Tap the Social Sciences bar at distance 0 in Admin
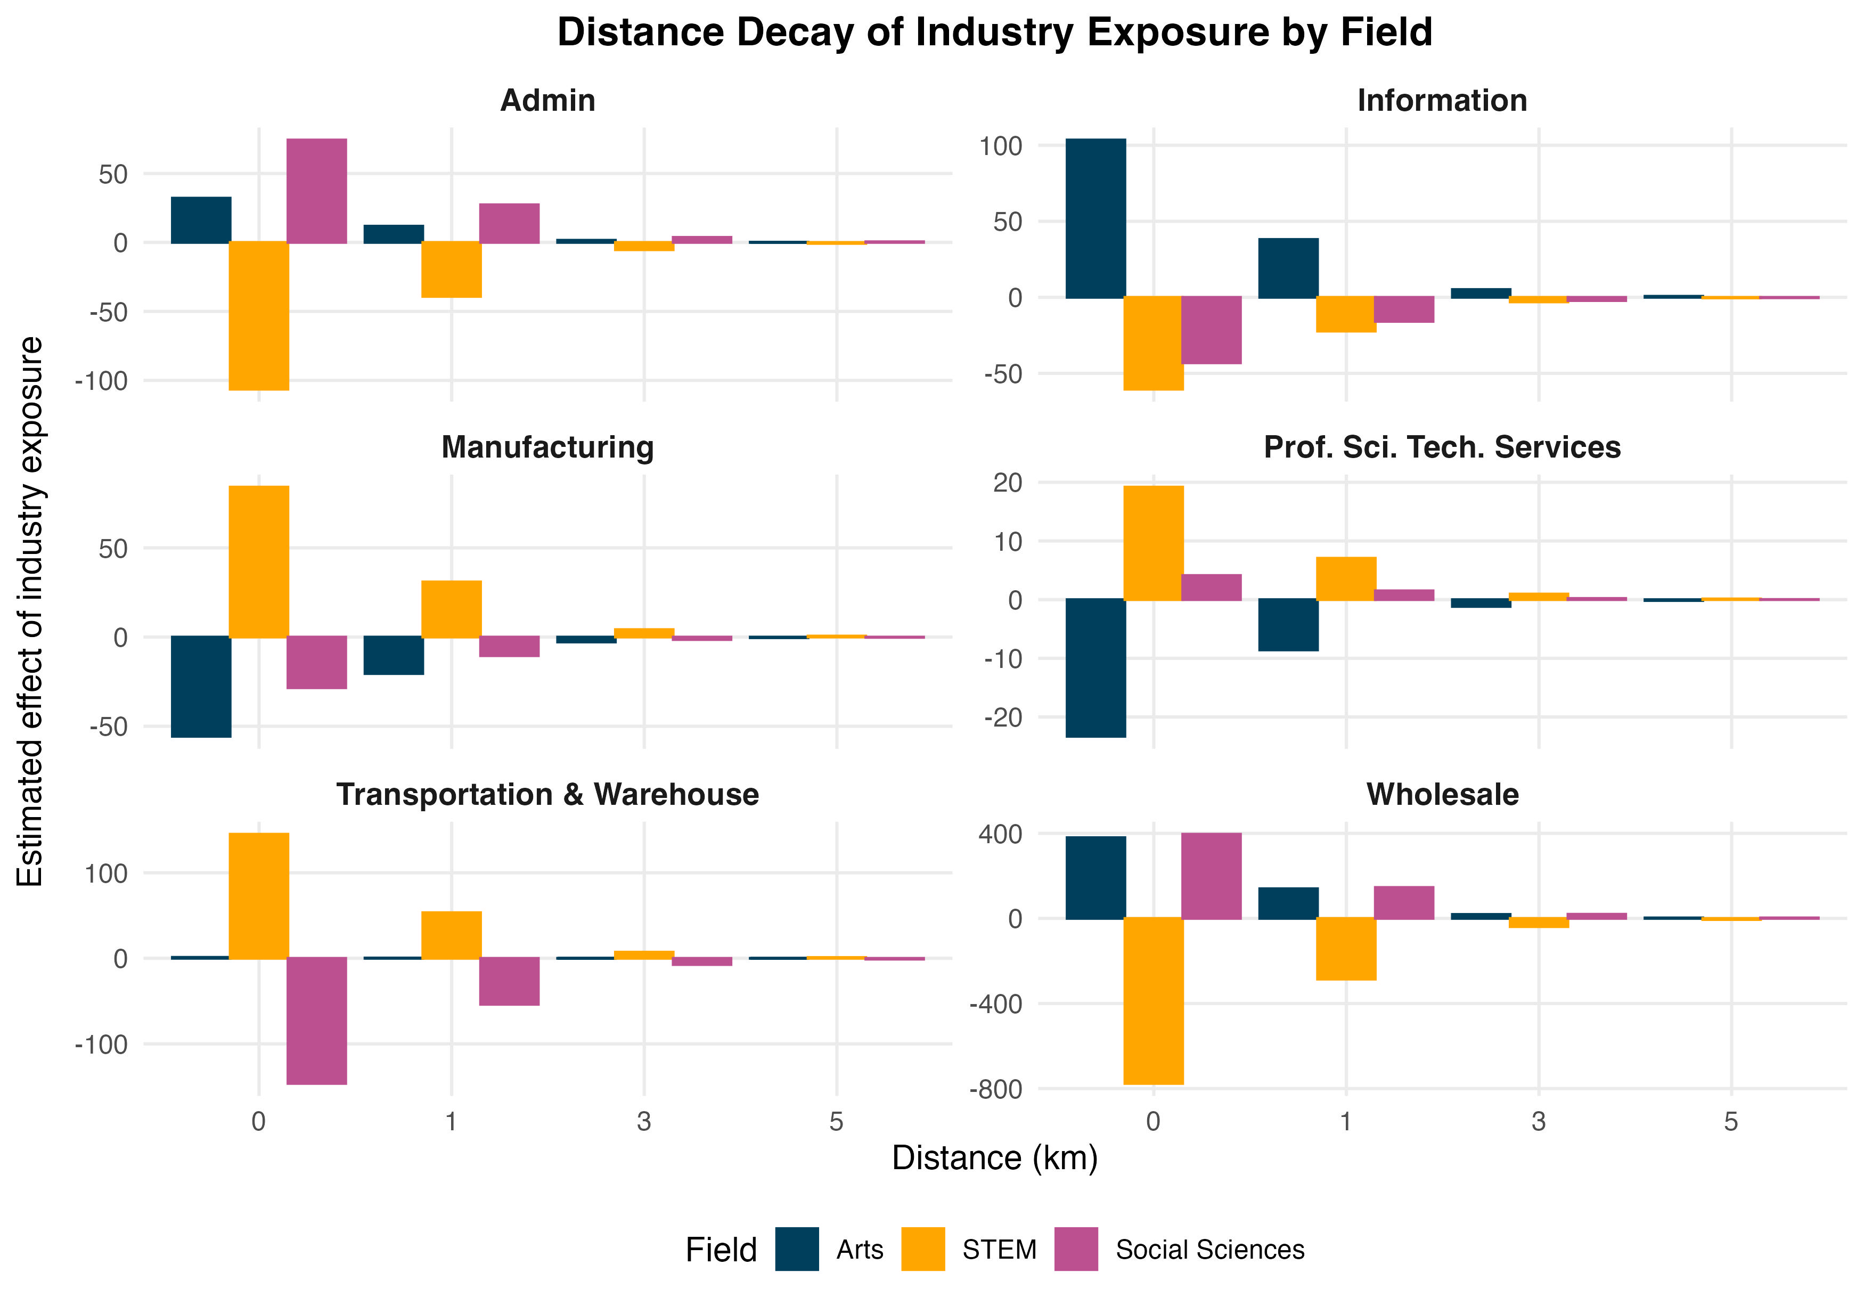(x=317, y=191)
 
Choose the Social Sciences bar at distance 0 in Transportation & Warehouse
(x=317, y=1021)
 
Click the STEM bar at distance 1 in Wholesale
(x=1345, y=949)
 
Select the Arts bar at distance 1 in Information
(x=1288, y=268)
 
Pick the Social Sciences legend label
(x=1209, y=1249)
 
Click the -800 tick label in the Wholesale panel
(x=995, y=1089)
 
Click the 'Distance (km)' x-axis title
(x=994, y=1158)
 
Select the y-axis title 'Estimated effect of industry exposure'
(x=31, y=610)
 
